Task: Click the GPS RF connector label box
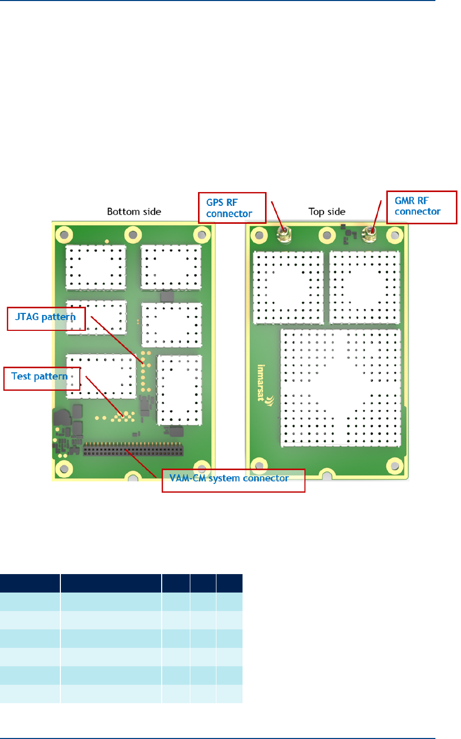(232, 208)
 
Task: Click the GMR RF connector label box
(421, 207)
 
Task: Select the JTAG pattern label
(46, 318)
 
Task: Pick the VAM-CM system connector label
(233, 480)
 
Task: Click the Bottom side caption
(134, 212)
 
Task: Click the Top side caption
(327, 212)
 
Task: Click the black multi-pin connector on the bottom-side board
(133, 450)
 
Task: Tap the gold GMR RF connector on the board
(369, 235)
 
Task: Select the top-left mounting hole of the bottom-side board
(64, 235)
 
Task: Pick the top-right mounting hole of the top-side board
(394, 236)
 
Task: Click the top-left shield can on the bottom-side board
(96, 267)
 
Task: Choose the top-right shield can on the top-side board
(364, 287)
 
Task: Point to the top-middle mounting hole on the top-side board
(327, 236)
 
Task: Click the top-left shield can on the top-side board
(289, 287)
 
